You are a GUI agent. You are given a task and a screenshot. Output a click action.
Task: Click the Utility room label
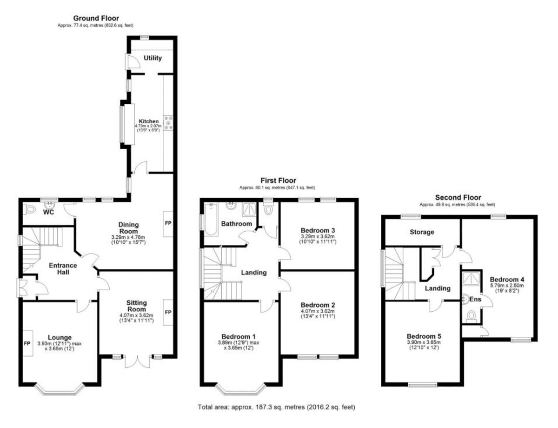153,58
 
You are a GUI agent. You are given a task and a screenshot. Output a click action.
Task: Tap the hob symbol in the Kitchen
168,123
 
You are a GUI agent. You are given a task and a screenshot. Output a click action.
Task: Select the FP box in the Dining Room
168,223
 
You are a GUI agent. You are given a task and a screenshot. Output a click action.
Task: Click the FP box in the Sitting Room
168,312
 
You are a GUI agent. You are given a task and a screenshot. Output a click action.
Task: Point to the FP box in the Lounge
27,343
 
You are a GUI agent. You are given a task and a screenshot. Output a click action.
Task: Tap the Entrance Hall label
63,269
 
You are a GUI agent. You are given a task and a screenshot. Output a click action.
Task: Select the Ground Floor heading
96,18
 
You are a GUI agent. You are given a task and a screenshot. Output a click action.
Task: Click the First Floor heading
279,181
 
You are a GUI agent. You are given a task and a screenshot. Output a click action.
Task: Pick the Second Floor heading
458,198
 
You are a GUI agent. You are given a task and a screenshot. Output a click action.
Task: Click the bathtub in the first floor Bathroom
211,219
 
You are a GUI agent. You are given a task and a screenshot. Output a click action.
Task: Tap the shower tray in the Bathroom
249,209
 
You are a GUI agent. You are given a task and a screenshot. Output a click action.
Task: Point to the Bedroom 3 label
318,230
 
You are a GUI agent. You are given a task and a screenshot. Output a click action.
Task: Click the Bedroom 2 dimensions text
318,314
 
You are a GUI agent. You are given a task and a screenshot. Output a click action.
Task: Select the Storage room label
422,232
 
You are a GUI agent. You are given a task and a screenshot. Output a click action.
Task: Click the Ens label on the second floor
475,299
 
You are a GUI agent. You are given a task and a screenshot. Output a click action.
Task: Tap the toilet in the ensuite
471,316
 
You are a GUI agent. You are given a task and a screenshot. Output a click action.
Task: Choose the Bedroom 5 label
424,336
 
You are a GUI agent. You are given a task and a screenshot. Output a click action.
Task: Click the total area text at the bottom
277,407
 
